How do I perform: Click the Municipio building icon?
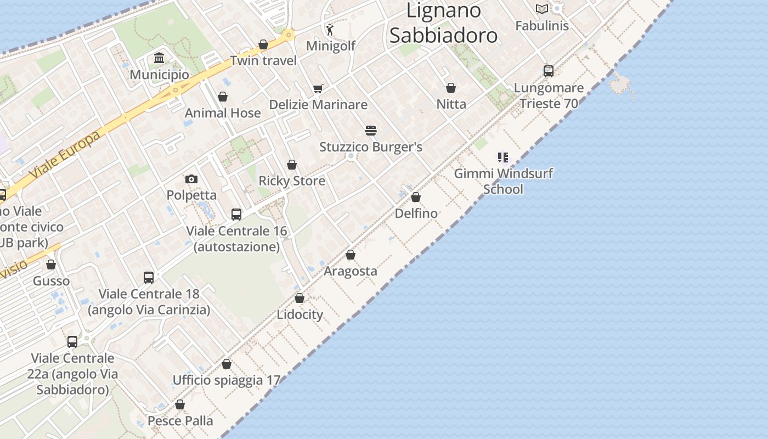[159, 58]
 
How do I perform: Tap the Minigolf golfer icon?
[330, 30]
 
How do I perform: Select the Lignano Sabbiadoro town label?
[443, 22]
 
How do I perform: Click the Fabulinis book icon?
[542, 9]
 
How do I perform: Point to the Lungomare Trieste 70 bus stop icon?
[549, 71]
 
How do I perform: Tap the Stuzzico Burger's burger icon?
[371, 131]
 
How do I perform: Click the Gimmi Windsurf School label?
[503, 181]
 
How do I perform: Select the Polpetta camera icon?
[191, 179]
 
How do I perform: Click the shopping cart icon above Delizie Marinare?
[318, 88]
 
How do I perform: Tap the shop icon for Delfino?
[416, 197]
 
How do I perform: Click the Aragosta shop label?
[351, 271]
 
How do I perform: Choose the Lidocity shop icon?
[300, 298]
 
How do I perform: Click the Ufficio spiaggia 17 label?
[227, 380]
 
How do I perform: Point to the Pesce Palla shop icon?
[180, 404]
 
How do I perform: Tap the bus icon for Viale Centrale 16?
[236, 215]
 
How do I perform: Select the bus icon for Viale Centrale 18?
[149, 278]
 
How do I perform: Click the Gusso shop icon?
[51, 265]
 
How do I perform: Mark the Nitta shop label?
[451, 104]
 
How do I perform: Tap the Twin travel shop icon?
[263, 44]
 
